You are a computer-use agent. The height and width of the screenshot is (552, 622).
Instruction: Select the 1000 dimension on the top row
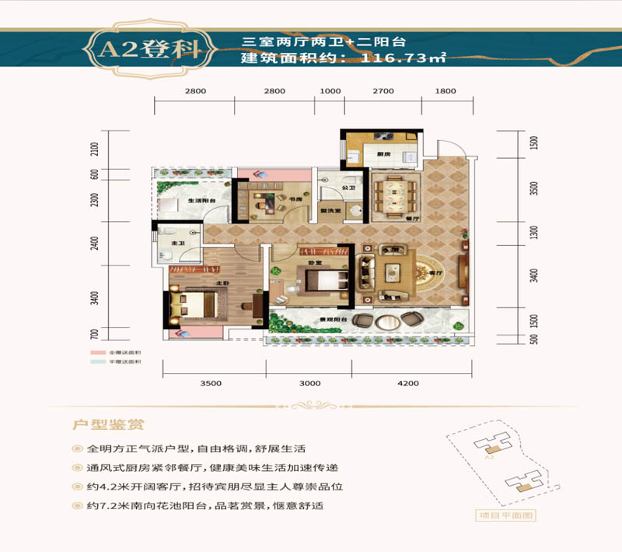[x=330, y=91]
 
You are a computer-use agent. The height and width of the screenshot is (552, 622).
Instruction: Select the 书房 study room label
[x=297, y=199]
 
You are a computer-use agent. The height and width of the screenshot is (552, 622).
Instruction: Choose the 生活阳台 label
[x=201, y=202]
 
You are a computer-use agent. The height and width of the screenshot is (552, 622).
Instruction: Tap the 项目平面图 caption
[x=507, y=515]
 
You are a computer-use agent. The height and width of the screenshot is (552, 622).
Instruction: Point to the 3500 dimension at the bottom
[x=211, y=383]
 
